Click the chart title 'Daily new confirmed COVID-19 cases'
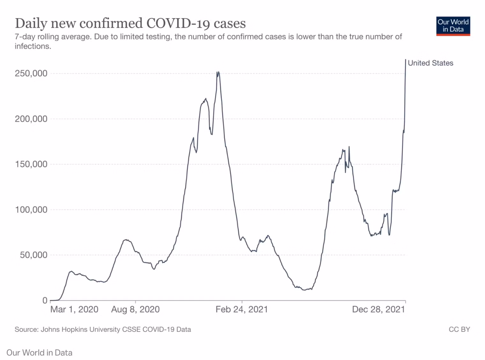coord(130,23)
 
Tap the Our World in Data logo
coord(453,26)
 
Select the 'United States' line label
coord(430,63)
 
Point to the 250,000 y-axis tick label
coord(31,73)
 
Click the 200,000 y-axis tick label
coord(31,119)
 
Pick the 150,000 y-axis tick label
coord(31,164)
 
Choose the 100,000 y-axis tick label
coord(31,210)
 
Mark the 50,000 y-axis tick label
coord(34,255)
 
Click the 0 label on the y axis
coord(45,301)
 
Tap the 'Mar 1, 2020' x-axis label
coord(74,310)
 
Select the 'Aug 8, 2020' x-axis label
coord(136,310)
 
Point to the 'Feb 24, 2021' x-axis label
coord(242,310)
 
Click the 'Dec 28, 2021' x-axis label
coord(379,310)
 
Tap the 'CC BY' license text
coord(459,329)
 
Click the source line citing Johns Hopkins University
coord(103,329)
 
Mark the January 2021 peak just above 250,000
coord(218,72)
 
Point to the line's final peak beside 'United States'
coord(406,59)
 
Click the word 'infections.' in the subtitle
coord(33,46)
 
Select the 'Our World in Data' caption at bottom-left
coord(39,353)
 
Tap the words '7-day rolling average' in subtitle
coord(53,37)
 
